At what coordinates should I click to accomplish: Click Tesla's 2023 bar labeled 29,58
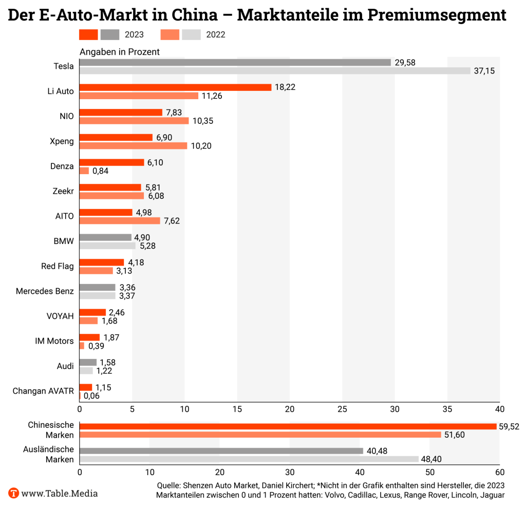pyautogui.click(x=235, y=62)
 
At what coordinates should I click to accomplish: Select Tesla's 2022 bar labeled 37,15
pyautogui.click(x=275, y=71)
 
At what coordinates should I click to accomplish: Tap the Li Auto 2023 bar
pyautogui.click(x=175, y=87)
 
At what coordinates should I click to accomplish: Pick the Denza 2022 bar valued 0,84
pyautogui.click(x=84, y=171)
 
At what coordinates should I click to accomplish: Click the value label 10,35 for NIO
pyautogui.click(x=203, y=121)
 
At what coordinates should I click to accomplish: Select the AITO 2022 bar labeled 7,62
pyautogui.click(x=120, y=221)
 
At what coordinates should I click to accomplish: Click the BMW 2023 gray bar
pyautogui.click(x=105, y=237)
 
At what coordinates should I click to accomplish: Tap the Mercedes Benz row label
pyautogui.click(x=45, y=291)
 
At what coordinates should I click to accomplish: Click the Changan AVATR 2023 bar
pyautogui.click(x=86, y=387)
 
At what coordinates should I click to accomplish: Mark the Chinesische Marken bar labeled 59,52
pyautogui.click(x=288, y=426)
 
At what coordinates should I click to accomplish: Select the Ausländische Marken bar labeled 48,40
pyautogui.click(x=249, y=459)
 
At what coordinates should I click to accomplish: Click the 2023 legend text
pyautogui.click(x=134, y=35)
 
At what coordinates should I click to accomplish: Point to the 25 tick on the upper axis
pyautogui.click(x=342, y=409)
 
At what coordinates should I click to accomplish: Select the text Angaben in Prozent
pyautogui.click(x=119, y=52)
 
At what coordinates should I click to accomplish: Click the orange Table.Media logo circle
pyautogui.click(x=14, y=493)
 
